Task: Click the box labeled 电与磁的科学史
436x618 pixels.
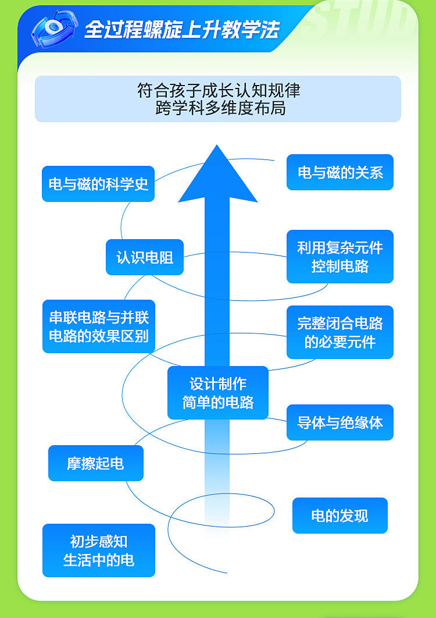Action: point(98,184)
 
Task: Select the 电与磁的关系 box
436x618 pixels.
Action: point(340,172)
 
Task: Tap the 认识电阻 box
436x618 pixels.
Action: point(145,257)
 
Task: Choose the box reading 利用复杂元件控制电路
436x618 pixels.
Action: point(340,257)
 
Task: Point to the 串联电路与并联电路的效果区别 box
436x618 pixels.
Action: point(99,326)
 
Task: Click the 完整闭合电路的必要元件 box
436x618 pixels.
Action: point(340,332)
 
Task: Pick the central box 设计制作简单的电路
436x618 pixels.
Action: point(218,393)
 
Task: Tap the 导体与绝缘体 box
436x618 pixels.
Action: point(340,422)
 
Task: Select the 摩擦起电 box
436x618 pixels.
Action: point(96,463)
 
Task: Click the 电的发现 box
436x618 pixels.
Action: point(340,516)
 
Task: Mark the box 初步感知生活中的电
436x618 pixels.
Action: point(99,550)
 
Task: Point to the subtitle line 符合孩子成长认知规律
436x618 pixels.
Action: point(218,91)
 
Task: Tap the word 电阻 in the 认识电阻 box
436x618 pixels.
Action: point(159,257)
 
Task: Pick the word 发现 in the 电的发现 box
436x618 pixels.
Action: point(354,516)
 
